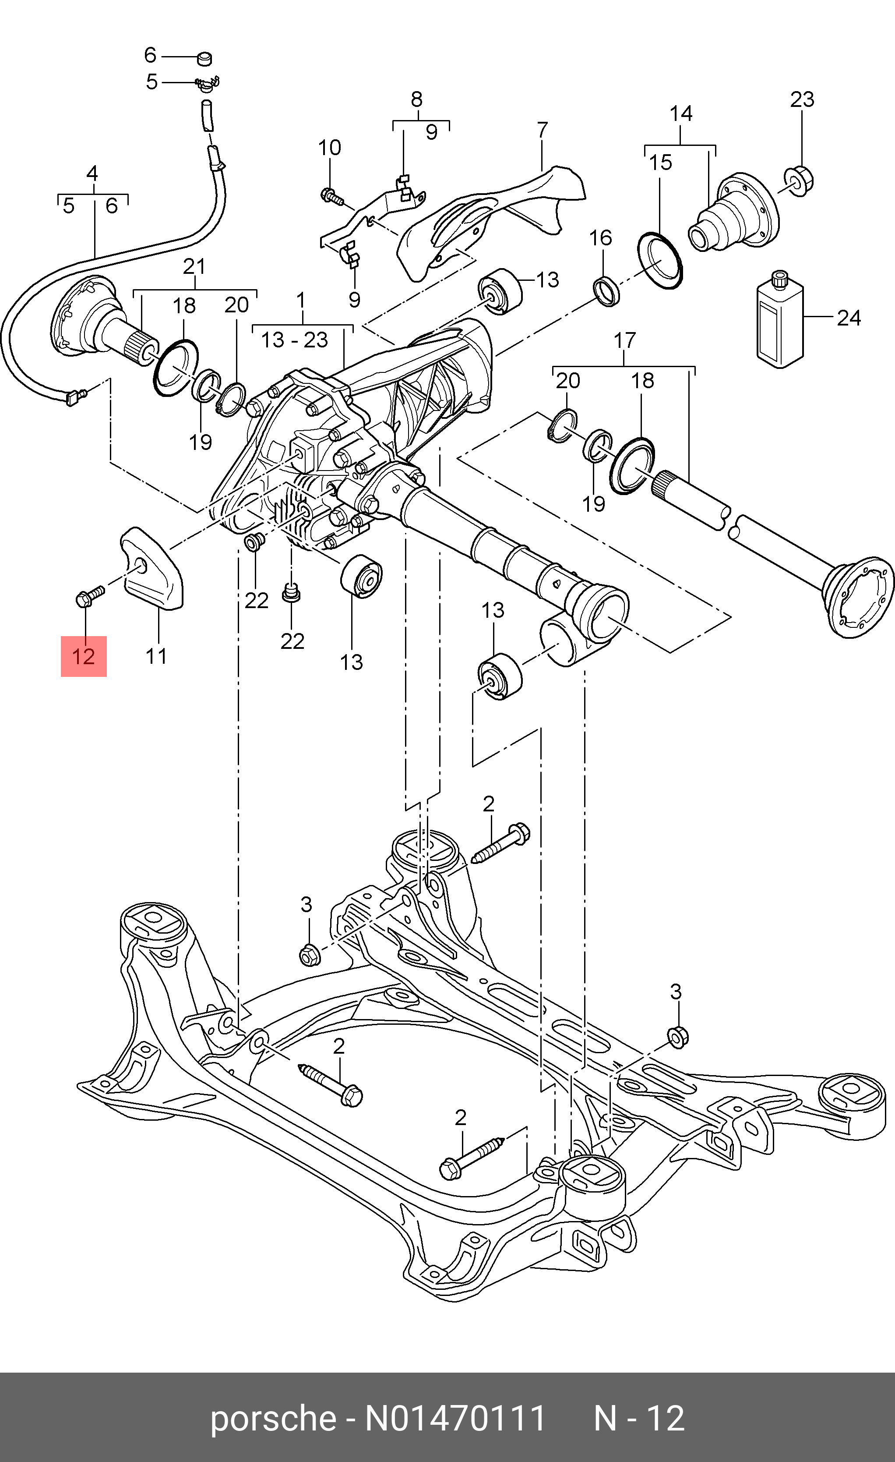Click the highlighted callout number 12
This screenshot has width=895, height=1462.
coord(84,656)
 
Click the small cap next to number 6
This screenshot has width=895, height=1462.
coord(204,58)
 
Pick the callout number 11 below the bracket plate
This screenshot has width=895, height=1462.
coord(156,656)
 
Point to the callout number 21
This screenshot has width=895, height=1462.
coord(194,266)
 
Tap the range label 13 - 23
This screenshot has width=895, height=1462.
coord(295,340)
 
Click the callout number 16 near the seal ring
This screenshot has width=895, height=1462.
coord(600,238)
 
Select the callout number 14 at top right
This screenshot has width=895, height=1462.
coord(681,113)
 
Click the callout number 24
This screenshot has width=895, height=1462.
coord(848,318)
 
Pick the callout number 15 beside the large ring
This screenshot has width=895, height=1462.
coord(660,162)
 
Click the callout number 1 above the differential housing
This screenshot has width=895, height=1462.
coord(301,301)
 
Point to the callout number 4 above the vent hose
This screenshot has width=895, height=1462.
coord(92,174)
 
